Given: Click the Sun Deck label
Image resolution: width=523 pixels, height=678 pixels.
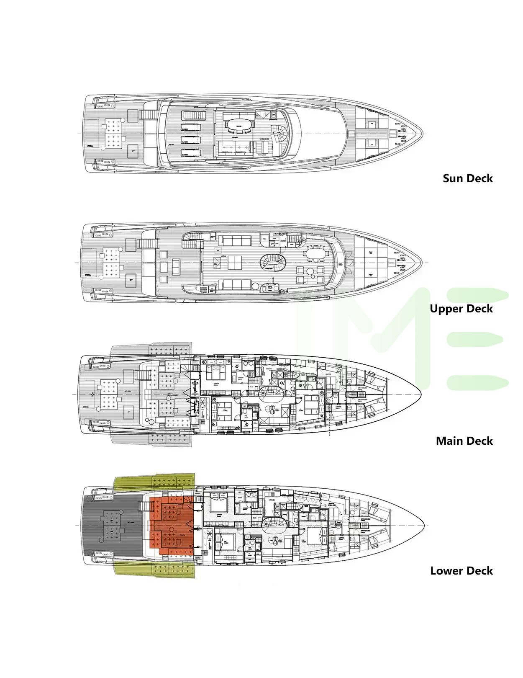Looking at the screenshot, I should tap(467, 178).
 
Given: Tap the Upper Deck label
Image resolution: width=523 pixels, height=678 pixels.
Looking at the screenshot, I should tap(461, 309).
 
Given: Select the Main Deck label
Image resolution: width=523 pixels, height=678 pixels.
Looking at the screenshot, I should tap(464, 441).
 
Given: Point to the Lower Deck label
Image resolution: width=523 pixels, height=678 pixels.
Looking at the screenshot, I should tap(461, 571).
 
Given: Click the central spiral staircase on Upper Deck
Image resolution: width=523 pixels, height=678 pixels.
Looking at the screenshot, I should tap(272, 263).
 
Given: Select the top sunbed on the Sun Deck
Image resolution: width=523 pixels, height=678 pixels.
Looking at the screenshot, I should tap(192, 116).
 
